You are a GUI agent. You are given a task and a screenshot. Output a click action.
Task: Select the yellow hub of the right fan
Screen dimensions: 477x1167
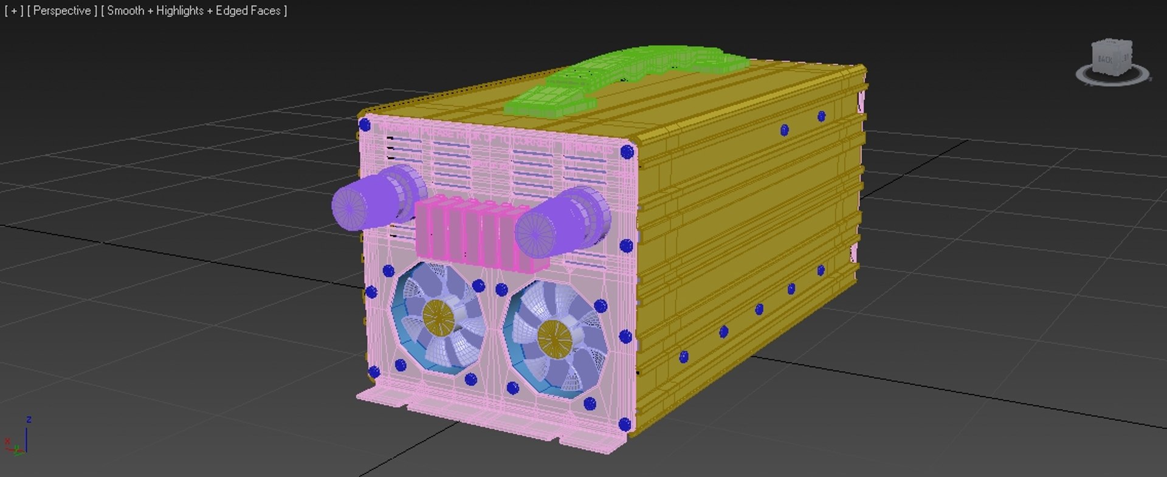point(554,336)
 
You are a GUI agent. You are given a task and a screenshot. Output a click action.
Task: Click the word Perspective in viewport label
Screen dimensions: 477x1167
point(62,10)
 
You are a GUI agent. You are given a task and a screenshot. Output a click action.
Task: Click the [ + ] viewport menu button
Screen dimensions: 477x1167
point(13,10)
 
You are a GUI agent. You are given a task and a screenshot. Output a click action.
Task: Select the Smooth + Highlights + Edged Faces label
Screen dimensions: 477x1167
point(193,10)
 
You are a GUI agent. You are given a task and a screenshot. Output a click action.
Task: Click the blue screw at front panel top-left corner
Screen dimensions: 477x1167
point(365,125)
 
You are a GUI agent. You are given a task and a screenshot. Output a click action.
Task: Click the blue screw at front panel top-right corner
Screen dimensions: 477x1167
point(627,152)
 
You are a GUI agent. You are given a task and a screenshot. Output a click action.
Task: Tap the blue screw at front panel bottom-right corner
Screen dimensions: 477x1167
point(624,424)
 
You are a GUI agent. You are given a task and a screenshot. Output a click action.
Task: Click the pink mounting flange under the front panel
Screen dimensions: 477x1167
point(486,419)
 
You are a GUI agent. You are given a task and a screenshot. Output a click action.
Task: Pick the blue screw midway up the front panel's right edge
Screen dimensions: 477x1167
point(626,246)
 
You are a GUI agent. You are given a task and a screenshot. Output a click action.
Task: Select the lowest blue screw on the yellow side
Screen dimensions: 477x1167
point(684,357)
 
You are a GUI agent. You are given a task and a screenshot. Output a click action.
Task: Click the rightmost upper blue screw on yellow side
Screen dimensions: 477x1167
point(821,116)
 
